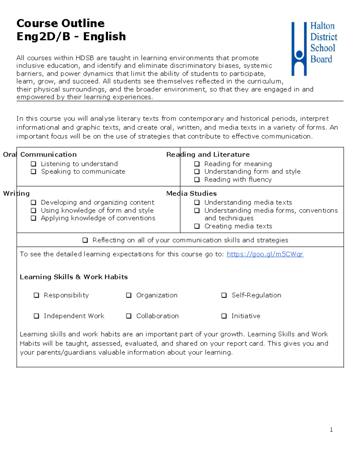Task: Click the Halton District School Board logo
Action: click(x=314, y=48)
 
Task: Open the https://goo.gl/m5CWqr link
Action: click(x=265, y=254)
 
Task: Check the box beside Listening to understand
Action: click(x=34, y=164)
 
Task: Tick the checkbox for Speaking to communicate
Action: click(x=34, y=172)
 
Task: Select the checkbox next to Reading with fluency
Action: click(x=197, y=179)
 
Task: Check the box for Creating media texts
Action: click(x=197, y=226)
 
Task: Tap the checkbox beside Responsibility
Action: click(x=36, y=295)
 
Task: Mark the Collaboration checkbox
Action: click(x=129, y=316)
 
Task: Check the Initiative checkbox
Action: click(x=224, y=316)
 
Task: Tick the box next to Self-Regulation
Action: click(x=224, y=295)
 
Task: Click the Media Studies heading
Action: click(x=191, y=194)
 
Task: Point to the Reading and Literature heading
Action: click(x=208, y=155)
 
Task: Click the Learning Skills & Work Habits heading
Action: click(x=73, y=277)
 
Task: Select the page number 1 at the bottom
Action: click(x=331, y=430)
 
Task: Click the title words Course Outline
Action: click(x=60, y=23)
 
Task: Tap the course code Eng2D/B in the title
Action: click(x=43, y=36)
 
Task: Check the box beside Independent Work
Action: click(x=36, y=316)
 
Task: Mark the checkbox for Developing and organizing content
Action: click(x=34, y=203)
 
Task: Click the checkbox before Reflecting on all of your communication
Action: click(x=85, y=240)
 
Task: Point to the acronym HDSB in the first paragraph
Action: click(x=85, y=58)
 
